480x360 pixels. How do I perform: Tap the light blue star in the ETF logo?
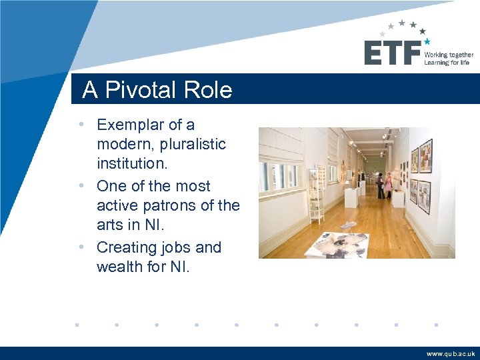pos(427,41)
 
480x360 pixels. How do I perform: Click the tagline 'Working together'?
pos(449,55)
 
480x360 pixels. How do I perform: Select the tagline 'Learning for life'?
pos(447,63)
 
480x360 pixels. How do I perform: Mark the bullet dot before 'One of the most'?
pos(81,186)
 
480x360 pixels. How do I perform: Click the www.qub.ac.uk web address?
pos(451,354)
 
